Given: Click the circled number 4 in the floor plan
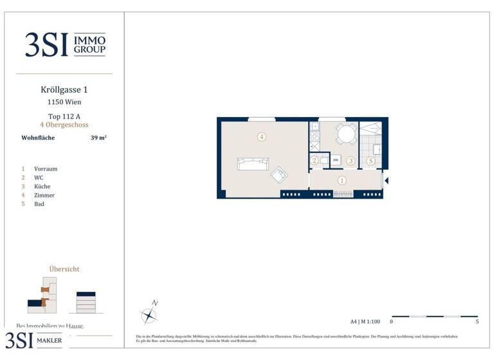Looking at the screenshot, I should coord(261,137).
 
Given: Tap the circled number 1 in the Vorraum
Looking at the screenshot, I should coord(342,181).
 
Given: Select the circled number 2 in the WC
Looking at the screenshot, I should coord(315,161).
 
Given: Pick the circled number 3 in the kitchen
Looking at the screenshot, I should coord(351,161).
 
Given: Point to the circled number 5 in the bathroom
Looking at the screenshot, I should coord(370,161).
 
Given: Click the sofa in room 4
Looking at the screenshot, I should coord(252,164).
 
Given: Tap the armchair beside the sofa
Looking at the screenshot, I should coord(280,174).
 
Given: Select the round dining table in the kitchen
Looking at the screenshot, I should coord(346,134).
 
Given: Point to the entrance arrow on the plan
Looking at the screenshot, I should coord(386,181).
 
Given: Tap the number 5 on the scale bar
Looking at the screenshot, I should coord(477,322).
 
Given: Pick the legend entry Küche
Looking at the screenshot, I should coord(42,186).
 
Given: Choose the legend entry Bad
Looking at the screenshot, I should coord(39,204).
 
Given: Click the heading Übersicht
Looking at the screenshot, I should coord(64,269).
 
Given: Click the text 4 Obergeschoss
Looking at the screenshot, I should coord(64,125).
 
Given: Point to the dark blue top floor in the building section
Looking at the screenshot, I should coord(86,294).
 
